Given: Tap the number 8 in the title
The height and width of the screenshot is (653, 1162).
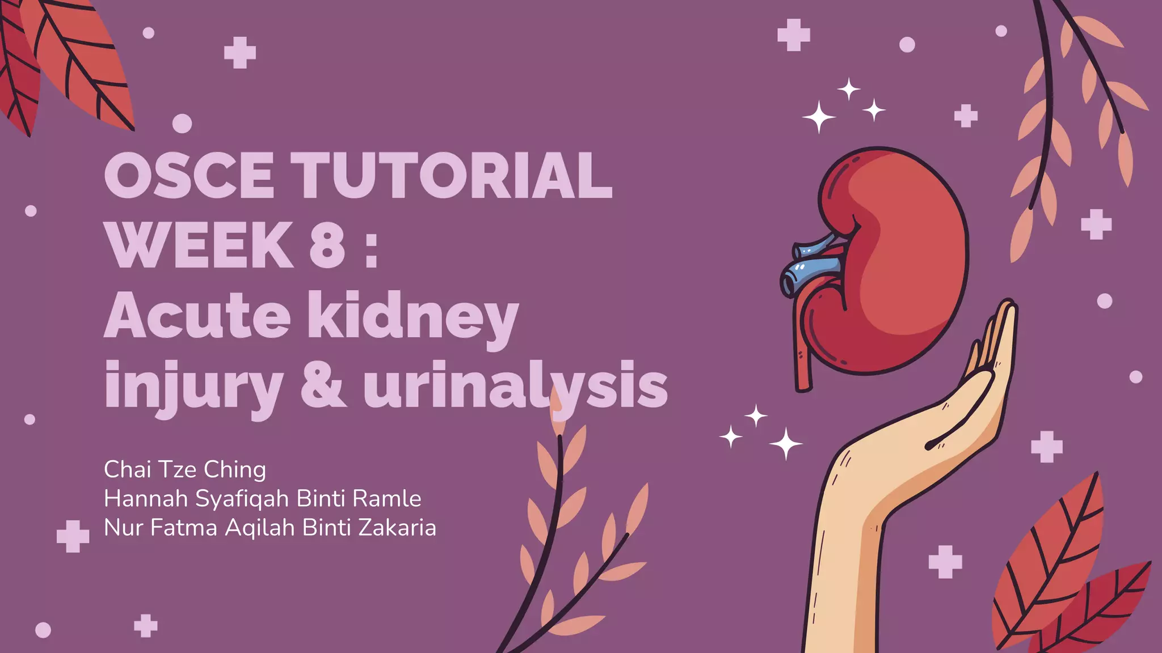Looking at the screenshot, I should tap(327, 245).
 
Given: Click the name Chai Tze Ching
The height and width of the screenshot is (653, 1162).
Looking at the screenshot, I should tap(185, 469).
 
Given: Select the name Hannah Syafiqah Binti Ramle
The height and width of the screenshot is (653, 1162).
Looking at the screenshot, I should tap(262, 499).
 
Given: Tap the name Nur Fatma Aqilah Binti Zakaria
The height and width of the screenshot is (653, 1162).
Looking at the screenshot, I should tap(270, 528).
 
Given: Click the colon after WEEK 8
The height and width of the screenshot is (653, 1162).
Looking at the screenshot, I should tap(372, 249).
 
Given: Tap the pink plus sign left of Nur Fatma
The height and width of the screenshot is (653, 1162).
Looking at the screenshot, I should tap(73, 536).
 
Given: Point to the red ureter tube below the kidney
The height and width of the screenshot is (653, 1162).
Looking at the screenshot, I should tap(802, 363).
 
